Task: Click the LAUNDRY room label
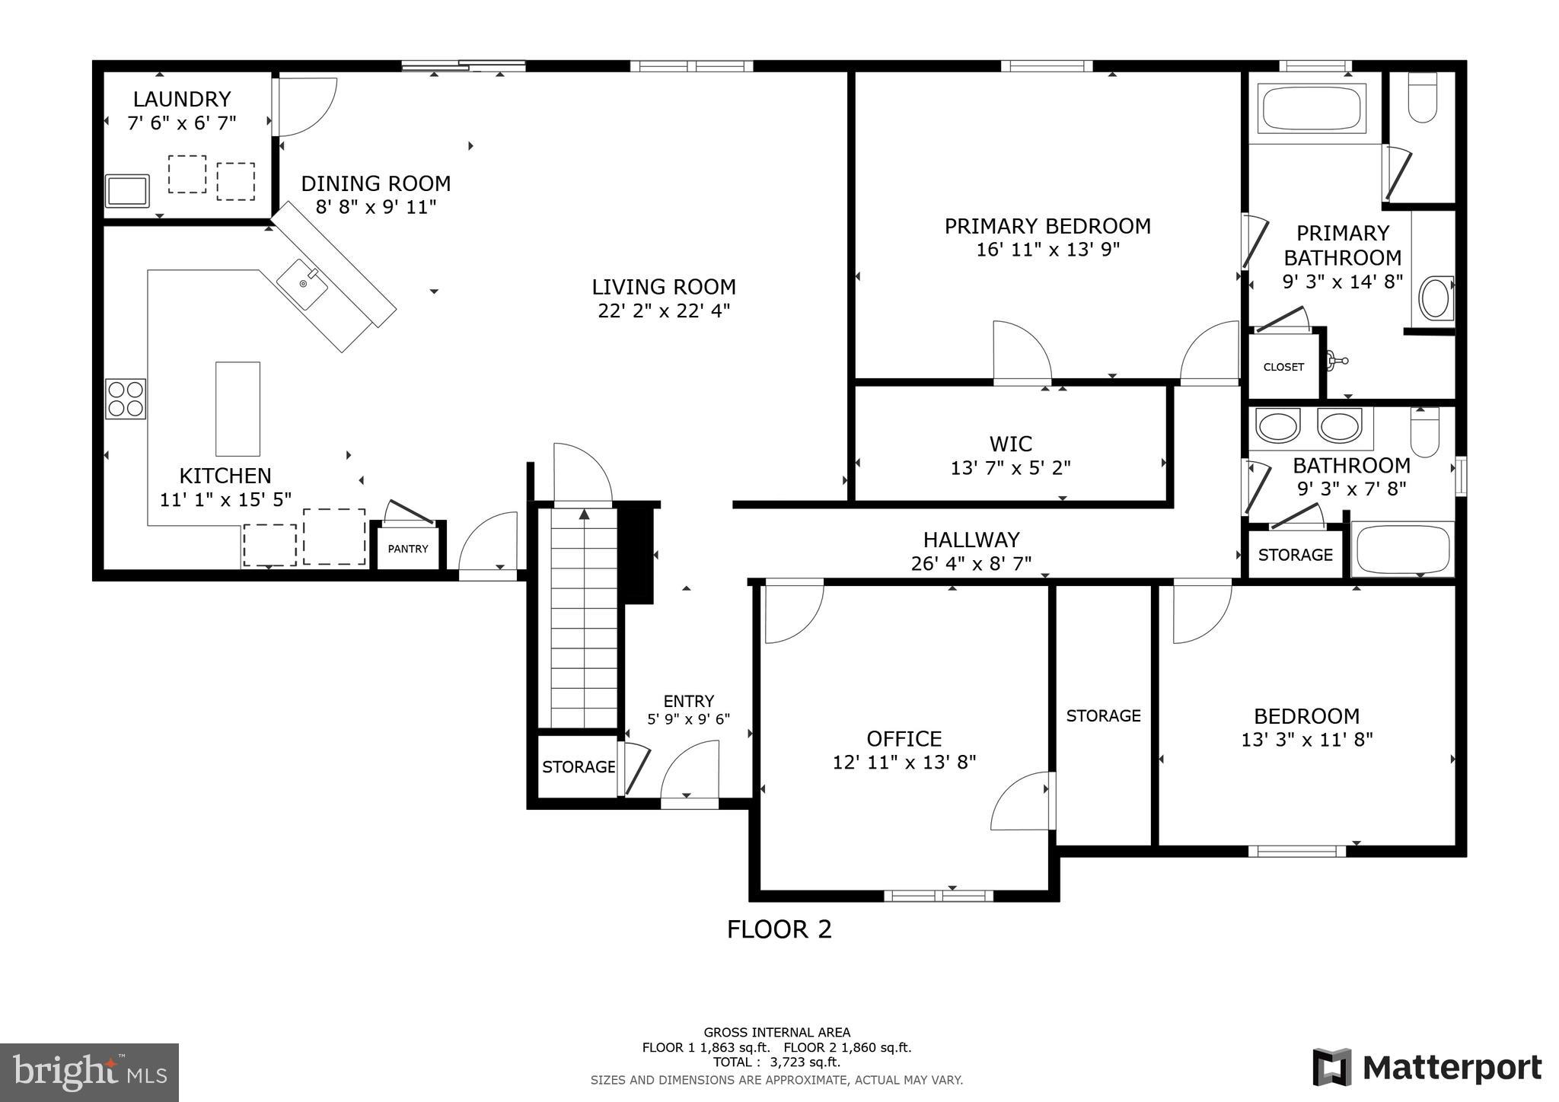click(x=181, y=99)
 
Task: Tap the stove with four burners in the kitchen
click(x=126, y=399)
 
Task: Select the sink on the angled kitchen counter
click(x=302, y=284)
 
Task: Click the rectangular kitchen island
click(x=238, y=409)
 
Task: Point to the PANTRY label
click(x=408, y=549)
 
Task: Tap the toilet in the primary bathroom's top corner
click(x=1422, y=97)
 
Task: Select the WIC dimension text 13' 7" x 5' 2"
click(x=1010, y=468)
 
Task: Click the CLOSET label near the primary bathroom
click(x=1283, y=367)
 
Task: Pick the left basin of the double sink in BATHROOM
click(x=1277, y=426)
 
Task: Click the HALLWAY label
click(x=971, y=540)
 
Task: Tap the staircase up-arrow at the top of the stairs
click(x=584, y=515)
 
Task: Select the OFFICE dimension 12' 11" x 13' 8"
click(x=904, y=762)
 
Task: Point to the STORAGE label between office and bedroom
click(x=1103, y=715)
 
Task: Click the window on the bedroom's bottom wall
click(x=1296, y=851)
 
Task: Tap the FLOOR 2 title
click(x=779, y=929)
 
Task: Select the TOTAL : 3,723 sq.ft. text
click(x=776, y=1062)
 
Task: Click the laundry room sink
click(x=127, y=190)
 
